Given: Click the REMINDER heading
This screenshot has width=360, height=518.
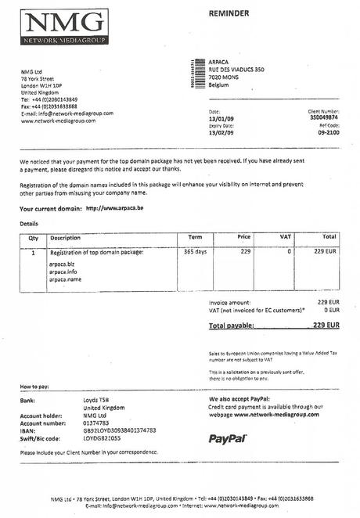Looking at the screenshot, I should [229, 13].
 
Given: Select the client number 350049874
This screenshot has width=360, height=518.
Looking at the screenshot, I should [324, 117].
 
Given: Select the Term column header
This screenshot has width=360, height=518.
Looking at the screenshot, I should [196, 236].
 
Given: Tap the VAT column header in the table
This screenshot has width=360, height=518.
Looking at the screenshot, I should [285, 236].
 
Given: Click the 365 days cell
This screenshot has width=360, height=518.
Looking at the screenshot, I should [195, 252].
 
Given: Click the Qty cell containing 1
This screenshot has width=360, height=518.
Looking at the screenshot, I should [33, 253].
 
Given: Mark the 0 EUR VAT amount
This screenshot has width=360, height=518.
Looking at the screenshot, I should [332, 310].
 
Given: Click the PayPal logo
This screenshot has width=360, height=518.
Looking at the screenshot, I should [228, 438].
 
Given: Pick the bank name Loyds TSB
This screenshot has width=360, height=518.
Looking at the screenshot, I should [95, 400].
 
